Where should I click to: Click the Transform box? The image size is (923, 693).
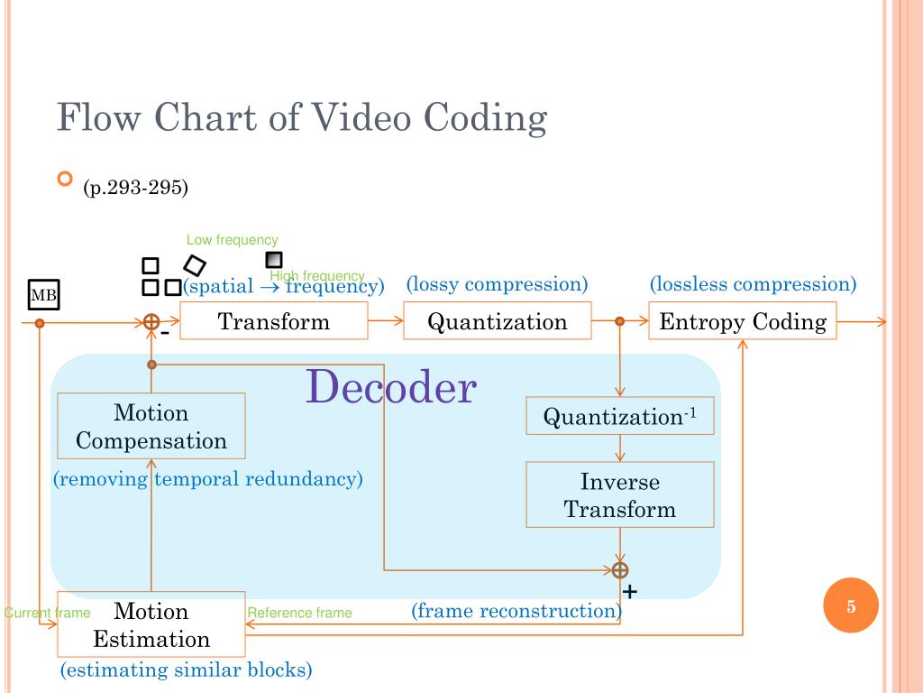coord(274,321)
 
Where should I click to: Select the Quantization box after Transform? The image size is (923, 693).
coord(498,321)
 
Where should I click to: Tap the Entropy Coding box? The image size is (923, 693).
coord(743,321)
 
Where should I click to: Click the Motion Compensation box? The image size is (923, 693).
coord(151,427)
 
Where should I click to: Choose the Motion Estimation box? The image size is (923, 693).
coord(151,624)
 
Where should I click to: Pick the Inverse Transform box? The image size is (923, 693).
coord(620,494)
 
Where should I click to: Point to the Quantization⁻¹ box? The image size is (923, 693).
coord(620,416)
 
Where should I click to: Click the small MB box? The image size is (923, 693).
coord(44,295)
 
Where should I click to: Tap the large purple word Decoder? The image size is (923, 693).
coord(390,387)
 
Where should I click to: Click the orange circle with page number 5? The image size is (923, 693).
coord(851,606)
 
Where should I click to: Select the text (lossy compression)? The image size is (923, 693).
coord(497,284)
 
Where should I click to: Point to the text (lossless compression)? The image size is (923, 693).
coord(753,284)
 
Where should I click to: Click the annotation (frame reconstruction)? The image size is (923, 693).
coord(516,611)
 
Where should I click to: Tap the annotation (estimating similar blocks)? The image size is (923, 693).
coord(186,670)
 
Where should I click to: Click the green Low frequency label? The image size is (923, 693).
coord(232,240)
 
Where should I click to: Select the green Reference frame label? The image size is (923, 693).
coord(299,613)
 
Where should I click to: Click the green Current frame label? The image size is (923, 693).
coord(47,613)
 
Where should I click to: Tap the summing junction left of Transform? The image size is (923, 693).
coord(151,322)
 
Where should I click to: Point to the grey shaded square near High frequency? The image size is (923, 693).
coord(274,260)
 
